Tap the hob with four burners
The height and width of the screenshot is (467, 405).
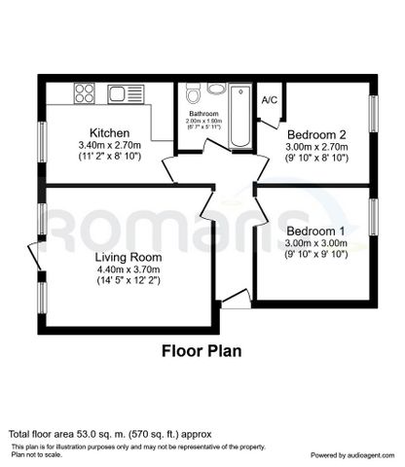pyautogui.click(x=84, y=94)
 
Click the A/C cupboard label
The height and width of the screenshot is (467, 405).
pyautogui.click(x=270, y=98)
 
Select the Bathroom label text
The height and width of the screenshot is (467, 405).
pyautogui.click(x=203, y=114)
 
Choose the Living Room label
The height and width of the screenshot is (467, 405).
pyautogui.click(x=128, y=258)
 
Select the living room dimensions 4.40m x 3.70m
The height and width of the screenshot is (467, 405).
pyautogui.click(x=128, y=271)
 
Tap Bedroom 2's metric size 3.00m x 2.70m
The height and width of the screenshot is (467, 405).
pyautogui.click(x=316, y=146)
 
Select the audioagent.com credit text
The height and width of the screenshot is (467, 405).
pyautogui.click(x=349, y=453)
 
